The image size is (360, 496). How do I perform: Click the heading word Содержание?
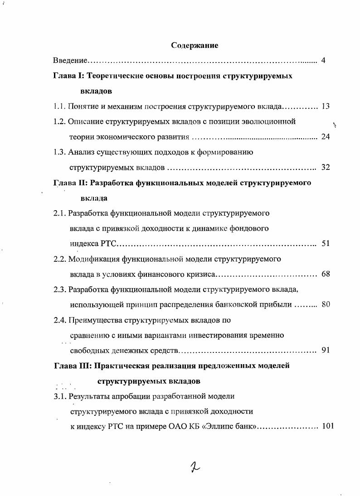[195, 45]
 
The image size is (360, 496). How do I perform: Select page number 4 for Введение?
[323, 61]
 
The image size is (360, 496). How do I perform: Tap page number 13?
[325, 106]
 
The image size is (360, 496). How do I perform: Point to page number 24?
[325, 137]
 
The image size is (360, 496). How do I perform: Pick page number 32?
[325, 167]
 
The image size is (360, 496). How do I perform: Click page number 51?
[325, 243]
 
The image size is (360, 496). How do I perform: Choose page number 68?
[325, 274]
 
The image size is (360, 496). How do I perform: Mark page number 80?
[325, 304]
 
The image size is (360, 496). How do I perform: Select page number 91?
[325, 350]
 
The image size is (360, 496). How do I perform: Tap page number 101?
[327, 426]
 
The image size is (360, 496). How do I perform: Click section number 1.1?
[59, 106]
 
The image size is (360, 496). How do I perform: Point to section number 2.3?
[59, 289]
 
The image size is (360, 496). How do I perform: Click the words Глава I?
[68, 76]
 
